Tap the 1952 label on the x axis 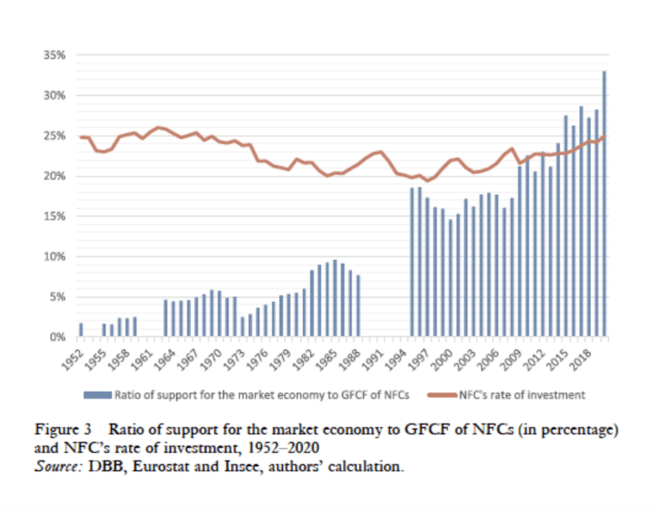[x=76, y=359]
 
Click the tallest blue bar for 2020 [x=604, y=204]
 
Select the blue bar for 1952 [x=81, y=330]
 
